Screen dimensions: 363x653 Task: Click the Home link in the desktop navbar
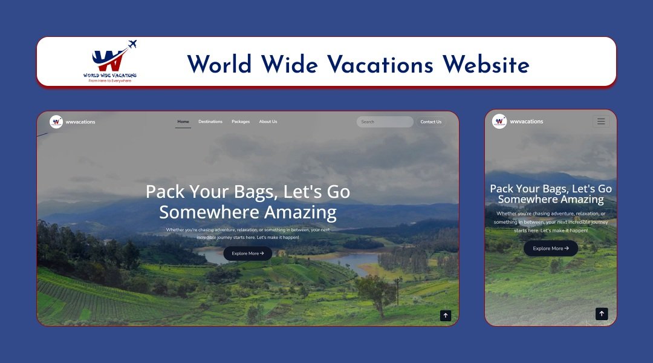tap(183, 122)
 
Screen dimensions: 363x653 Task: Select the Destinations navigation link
tap(210, 122)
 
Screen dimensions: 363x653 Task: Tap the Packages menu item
tap(241, 122)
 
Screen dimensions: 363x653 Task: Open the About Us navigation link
tap(268, 122)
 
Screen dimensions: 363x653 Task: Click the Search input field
tap(385, 122)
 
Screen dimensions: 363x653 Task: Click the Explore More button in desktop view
tap(247, 253)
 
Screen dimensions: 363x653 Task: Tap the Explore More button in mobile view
tap(550, 248)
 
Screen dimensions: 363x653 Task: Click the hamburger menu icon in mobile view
tap(601, 121)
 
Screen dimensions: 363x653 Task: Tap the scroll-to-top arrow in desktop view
tap(446, 315)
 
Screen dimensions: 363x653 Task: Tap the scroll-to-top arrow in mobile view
tap(602, 313)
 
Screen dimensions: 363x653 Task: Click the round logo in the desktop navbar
tap(56, 122)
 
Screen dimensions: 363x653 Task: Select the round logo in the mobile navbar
tap(499, 121)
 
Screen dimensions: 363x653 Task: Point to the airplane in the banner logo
tap(132, 44)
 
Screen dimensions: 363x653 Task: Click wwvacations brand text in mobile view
tap(527, 122)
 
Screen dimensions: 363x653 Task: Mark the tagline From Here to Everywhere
tap(110, 80)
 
